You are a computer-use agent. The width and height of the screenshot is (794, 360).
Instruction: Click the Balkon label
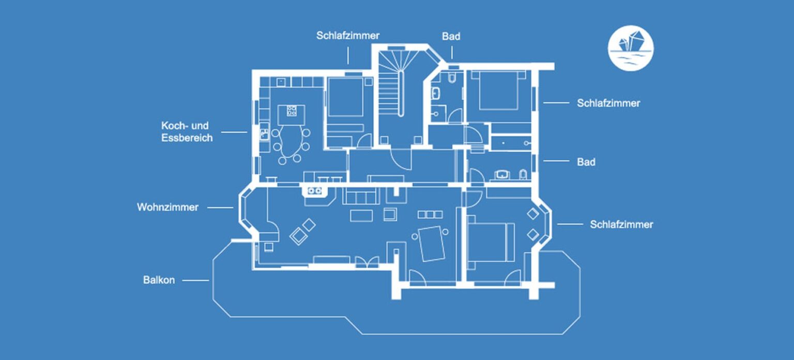[x=159, y=280]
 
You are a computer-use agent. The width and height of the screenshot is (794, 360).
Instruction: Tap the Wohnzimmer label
[x=167, y=207]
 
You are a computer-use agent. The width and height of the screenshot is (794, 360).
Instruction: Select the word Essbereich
[x=187, y=138]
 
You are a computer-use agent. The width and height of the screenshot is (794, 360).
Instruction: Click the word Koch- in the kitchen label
[x=174, y=126]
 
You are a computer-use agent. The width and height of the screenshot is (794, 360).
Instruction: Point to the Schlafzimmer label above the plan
[x=348, y=36]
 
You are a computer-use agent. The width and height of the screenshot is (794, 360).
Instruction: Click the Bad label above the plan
[x=451, y=36]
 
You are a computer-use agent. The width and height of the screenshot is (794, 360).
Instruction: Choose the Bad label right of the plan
[x=586, y=162]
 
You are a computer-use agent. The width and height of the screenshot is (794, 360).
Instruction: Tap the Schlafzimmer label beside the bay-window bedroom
[x=621, y=224]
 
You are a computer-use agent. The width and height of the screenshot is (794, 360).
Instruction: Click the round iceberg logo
[x=631, y=48]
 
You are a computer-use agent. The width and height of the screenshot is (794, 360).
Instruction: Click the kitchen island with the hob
[x=292, y=114]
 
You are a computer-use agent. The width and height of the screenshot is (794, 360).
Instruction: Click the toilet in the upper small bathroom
[x=451, y=77]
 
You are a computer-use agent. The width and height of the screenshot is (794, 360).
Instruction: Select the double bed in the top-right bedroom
[x=498, y=90]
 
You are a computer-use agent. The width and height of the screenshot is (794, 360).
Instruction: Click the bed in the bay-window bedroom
[x=491, y=242]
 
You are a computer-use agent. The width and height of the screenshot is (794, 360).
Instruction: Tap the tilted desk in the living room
[x=432, y=244]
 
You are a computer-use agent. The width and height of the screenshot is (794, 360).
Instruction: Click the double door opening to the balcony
[x=367, y=262]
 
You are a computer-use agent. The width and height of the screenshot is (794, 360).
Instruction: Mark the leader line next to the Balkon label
[x=195, y=280]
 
